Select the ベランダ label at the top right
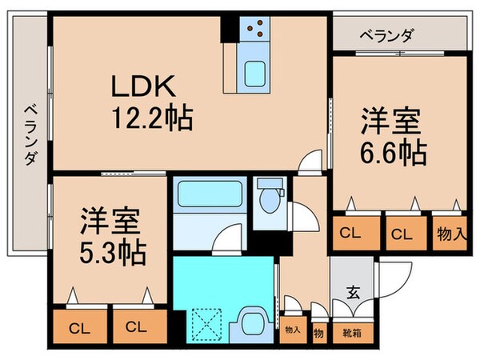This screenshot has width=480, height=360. coord(387,35)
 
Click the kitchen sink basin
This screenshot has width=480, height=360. coord(257,73)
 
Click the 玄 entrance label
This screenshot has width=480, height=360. coord(352,291)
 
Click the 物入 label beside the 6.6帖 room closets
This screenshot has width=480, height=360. coord(450,234)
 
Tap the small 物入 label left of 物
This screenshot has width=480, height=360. coord(292,329)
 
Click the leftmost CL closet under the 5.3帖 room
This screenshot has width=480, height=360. coord(78,327)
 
